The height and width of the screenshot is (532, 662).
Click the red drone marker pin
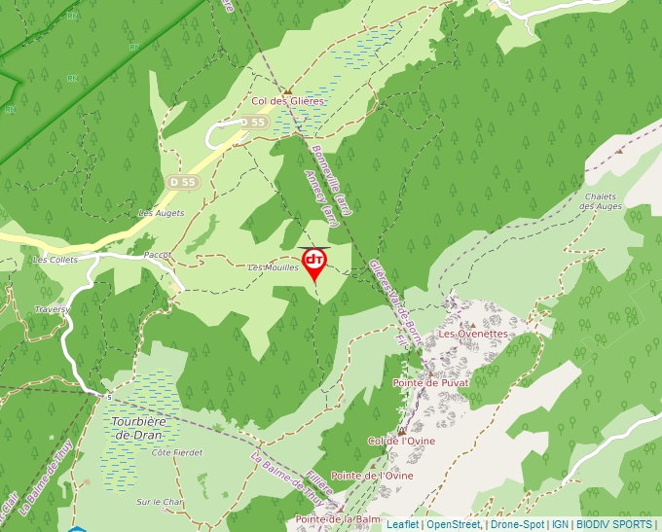pyautogui.click(x=314, y=263)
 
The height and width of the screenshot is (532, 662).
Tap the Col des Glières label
pyautogui.click(x=287, y=101)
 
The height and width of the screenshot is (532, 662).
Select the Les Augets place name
pyautogui.click(x=161, y=212)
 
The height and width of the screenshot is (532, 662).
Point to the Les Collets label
pyautogui.click(x=55, y=260)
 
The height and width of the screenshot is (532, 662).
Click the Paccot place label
pyautogui.click(x=157, y=255)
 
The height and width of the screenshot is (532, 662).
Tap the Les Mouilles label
pyautogui.click(x=273, y=267)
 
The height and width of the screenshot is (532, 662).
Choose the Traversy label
pyautogui.click(x=53, y=309)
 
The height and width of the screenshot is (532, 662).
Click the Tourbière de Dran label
pyautogui.click(x=139, y=428)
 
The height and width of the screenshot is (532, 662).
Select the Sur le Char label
pyautogui.click(x=160, y=502)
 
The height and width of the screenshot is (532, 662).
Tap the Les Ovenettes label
pyautogui.click(x=473, y=334)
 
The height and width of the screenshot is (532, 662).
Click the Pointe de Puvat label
pyautogui.click(x=430, y=383)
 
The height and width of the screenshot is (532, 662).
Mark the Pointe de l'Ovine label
pyautogui.click(x=372, y=476)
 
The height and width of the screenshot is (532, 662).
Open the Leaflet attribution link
pyautogui.click(x=402, y=524)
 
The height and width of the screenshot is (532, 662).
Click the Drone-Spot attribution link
pyautogui.click(x=517, y=524)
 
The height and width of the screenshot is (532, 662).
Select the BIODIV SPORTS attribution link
pyautogui.click(x=614, y=524)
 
